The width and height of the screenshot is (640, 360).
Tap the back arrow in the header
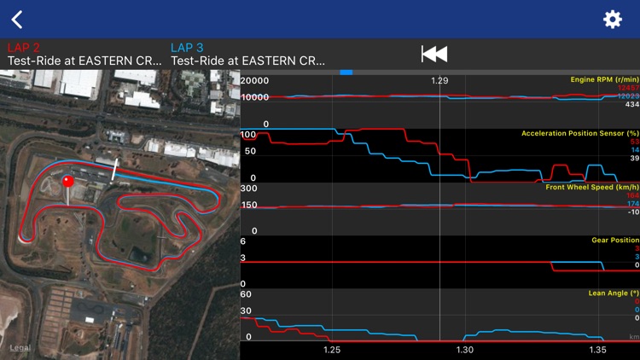(x=17, y=19)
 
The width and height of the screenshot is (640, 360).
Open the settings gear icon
(x=613, y=19)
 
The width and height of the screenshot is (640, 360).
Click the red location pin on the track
(x=68, y=183)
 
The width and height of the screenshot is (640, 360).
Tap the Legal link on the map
(x=19, y=347)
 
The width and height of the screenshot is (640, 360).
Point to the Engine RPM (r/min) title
(x=605, y=79)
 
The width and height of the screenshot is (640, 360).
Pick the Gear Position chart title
(x=614, y=240)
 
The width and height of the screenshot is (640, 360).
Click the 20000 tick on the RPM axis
(x=254, y=80)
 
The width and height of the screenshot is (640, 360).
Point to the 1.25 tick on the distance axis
(x=333, y=350)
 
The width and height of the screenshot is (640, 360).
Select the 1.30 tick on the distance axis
(x=465, y=350)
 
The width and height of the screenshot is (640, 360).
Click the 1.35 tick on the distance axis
(x=597, y=350)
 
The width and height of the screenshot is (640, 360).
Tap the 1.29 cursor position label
(x=439, y=80)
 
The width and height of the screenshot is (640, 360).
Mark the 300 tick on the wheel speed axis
(x=249, y=188)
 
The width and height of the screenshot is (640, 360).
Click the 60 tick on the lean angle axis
(x=247, y=293)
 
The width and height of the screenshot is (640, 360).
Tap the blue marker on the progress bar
(x=346, y=72)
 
